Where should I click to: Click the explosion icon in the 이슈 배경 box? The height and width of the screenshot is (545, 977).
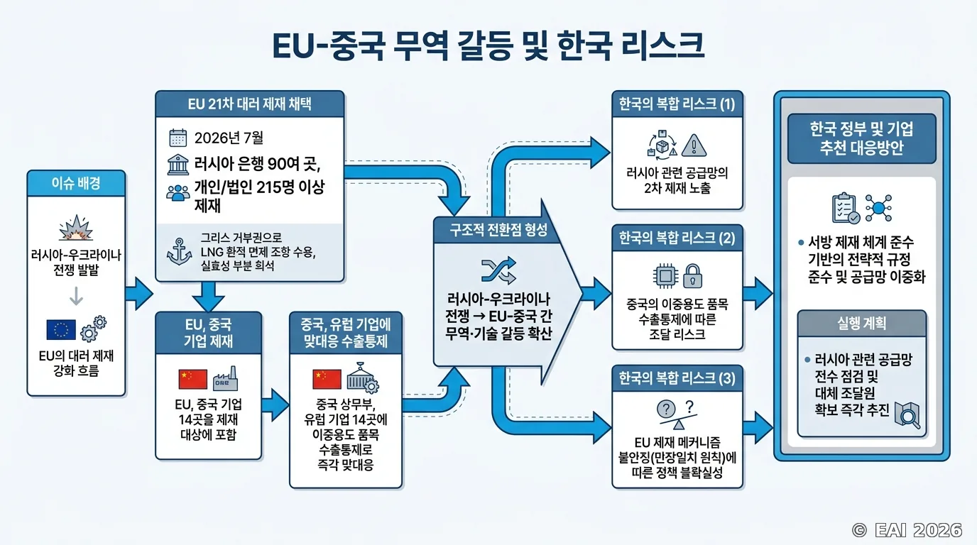[77, 228]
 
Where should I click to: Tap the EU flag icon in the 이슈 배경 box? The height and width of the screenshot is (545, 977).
[61, 329]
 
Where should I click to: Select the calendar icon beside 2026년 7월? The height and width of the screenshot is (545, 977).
[178, 138]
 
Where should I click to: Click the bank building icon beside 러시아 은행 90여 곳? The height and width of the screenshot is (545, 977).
[178, 165]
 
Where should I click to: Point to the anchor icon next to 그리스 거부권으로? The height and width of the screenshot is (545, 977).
[179, 252]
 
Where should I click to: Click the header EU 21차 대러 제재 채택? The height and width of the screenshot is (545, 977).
[249, 104]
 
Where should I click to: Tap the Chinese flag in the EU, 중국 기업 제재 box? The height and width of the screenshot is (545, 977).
[193, 380]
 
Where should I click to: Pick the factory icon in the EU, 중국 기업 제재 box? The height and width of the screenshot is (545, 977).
[226, 378]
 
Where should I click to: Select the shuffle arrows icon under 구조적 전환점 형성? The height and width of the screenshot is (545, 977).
[498, 271]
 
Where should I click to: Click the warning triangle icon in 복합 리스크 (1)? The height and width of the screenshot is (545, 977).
[694, 145]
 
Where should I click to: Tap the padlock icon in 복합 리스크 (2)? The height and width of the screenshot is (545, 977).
[692, 276]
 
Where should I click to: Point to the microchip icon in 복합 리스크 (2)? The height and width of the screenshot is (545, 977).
[665, 276]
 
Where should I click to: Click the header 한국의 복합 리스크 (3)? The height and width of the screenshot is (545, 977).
[677, 378]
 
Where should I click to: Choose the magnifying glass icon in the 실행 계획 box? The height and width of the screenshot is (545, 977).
[907, 415]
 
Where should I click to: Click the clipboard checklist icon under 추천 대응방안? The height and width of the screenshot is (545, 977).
[846, 209]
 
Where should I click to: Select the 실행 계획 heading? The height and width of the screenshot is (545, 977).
[861, 323]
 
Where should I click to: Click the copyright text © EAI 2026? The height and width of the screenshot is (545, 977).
[907, 530]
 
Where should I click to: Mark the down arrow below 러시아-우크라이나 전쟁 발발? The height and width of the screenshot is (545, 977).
[77, 296]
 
